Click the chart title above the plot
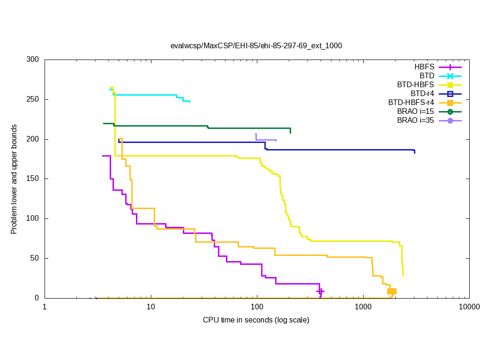[256, 45]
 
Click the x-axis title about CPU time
[256, 320]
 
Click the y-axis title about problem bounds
[15, 180]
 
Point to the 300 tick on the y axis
[33, 60]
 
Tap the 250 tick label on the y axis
[33, 100]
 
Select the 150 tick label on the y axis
[33, 179]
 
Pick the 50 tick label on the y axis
[35, 258]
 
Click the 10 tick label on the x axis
[151, 307]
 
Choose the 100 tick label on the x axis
[257, 307]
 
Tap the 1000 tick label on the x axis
[363, 307]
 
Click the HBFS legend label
[424, 67]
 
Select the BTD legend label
[427, 76]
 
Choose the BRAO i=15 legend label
[415, 112]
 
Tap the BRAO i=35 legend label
[415, 120]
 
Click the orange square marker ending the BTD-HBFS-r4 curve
[392, 291]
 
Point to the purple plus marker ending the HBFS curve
[320, 291]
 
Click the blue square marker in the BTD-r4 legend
[450, 94]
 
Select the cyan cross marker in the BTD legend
[450, 76]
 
